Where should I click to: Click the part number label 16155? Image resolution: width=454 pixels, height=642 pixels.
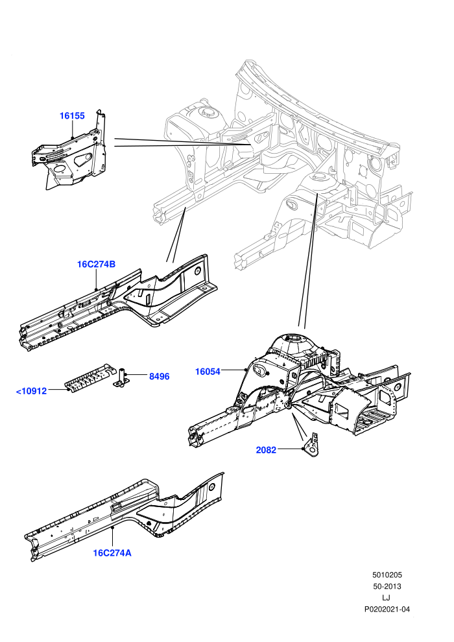pos(72,116)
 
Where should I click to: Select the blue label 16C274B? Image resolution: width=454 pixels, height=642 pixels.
pos(96,264)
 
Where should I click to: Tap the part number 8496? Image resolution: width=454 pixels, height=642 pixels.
pos(159,376)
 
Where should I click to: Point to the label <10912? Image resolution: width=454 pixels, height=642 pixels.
pos(31,391)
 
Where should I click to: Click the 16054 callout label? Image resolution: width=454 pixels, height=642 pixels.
pos(208,372)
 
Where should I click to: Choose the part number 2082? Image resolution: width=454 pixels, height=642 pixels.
pos(266,450)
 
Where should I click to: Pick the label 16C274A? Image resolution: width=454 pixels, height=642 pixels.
pos(112,553)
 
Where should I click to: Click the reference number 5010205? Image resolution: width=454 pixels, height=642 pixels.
pos(387,575)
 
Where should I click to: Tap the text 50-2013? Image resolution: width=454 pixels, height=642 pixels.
pos(387,586)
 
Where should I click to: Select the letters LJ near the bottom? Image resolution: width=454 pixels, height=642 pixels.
pos(386,598)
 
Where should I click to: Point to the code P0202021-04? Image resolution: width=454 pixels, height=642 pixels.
pos(387,609)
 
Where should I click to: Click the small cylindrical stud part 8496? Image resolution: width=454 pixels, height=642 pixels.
pos(121,377)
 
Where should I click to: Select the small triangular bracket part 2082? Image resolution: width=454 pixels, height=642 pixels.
pos(313,444)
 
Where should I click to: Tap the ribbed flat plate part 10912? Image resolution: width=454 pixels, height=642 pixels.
pos(90,377)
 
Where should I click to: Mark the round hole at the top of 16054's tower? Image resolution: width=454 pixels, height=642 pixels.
pos(294,338)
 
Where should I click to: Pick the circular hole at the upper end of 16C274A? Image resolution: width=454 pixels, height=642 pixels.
pos(212,487)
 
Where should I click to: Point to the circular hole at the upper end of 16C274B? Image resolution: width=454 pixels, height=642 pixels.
pos(197,270)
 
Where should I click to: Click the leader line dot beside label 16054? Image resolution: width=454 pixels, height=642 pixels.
pos(245,370)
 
